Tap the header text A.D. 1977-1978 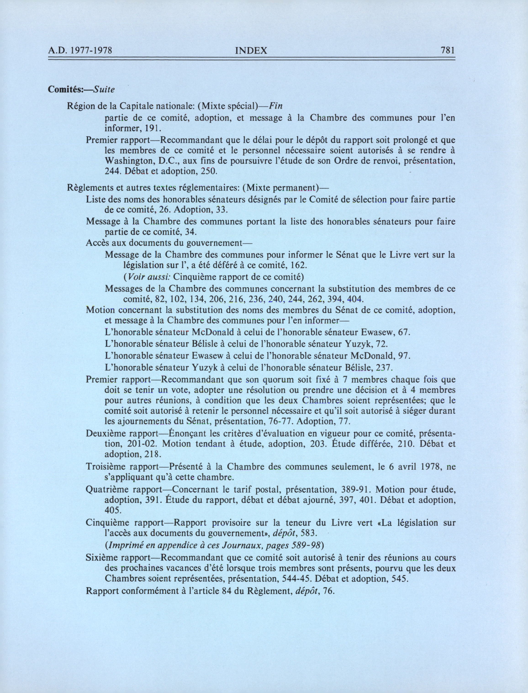[80, 51]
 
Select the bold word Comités [65, 90]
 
